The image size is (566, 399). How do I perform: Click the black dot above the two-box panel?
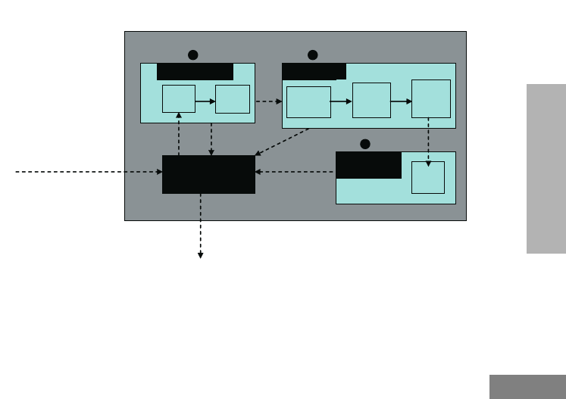[x=192, y=55]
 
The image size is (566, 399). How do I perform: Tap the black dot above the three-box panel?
[x=312, y=55]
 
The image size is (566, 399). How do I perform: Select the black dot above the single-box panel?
[x=364, y=143]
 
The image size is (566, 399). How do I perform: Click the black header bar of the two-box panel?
[x=195, y=72]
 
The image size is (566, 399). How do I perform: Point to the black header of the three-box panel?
[x=314, y=72]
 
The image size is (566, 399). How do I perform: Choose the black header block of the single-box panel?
[x=368, y=165]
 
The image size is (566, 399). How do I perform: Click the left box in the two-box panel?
[x=179, y=98]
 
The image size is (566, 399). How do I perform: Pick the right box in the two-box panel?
[x=233, y=98]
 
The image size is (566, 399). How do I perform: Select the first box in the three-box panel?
[x=308, y=102]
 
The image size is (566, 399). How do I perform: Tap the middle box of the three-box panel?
[x=371, y=100]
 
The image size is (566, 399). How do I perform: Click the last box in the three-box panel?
[x=430, y=98]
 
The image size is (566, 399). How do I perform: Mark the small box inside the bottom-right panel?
[x=428, y=177]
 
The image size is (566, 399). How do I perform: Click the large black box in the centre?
[x=208, y=174]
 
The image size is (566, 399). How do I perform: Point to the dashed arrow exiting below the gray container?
[x=201, y=227]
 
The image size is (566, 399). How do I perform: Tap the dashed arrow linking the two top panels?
[x=268, y=101]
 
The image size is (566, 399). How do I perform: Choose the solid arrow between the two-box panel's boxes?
[x=205, y=98]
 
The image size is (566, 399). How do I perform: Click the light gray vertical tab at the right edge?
[x=546, y=169]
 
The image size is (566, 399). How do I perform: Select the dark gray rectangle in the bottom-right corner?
[x=527, y=386]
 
